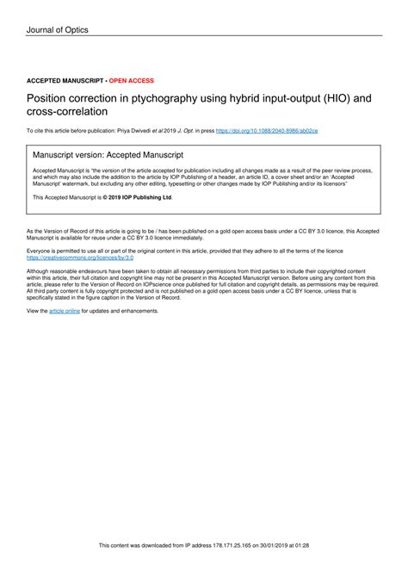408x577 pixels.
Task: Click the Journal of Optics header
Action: click(x=57, y=30)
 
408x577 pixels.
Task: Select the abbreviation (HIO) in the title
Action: click(x=331, y=99)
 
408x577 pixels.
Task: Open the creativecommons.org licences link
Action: click(x=80, y=257)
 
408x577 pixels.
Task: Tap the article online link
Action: click(x=65, y=310)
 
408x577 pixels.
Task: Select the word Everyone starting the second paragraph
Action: click(x=41, y=251)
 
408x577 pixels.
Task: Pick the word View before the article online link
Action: click(x=36, y=310)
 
